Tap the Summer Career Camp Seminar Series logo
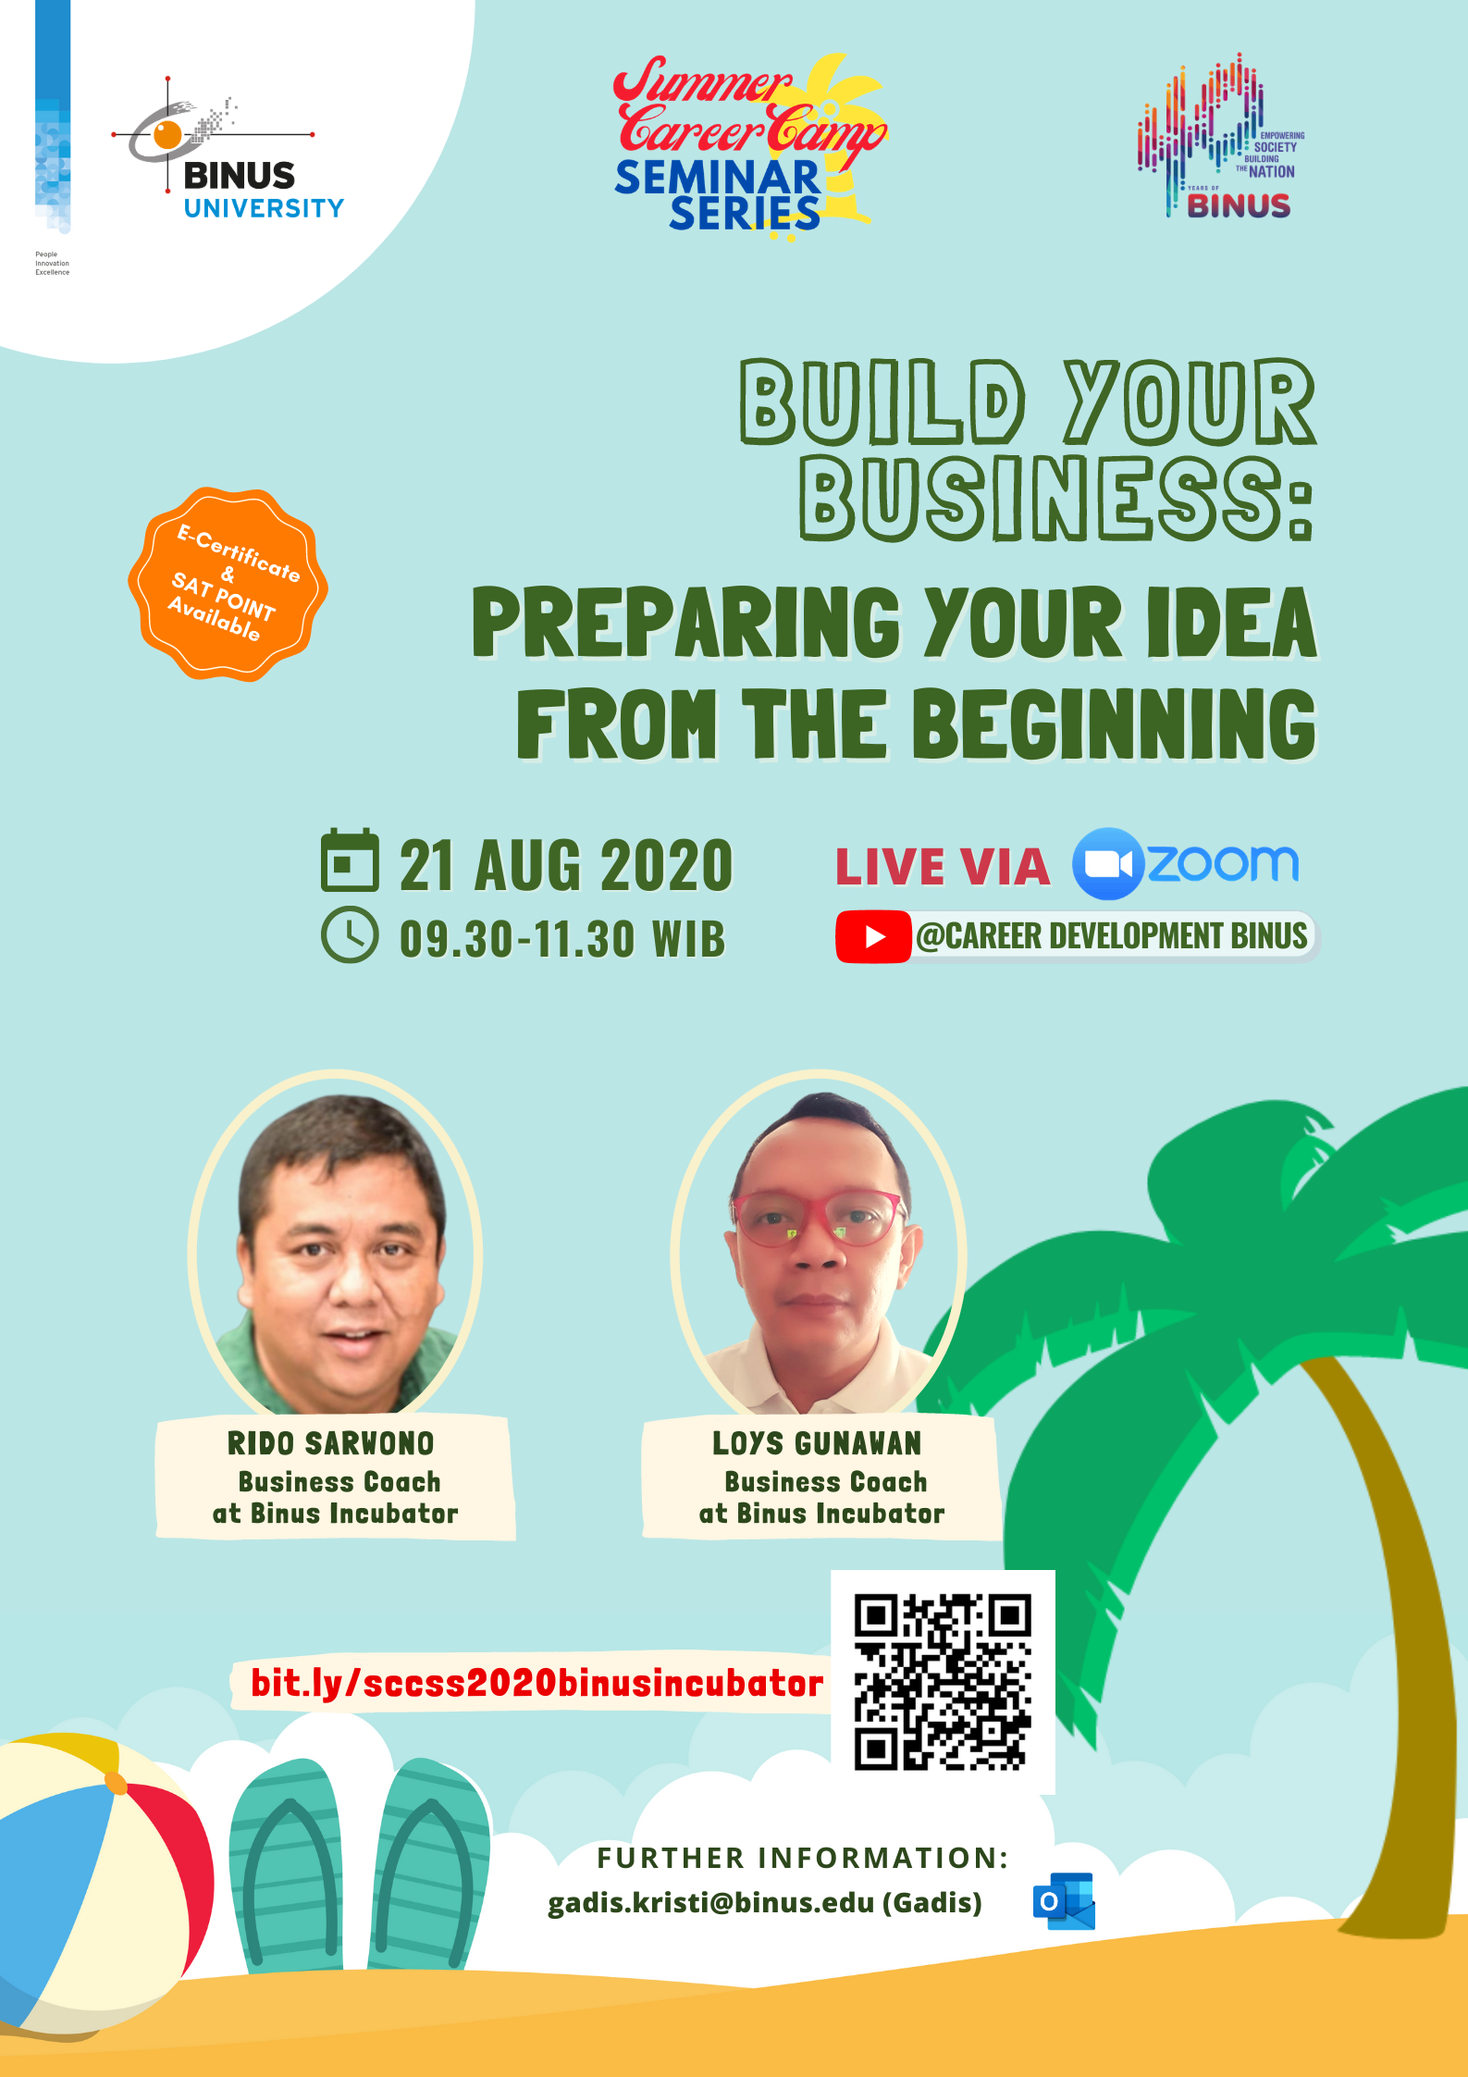(x=749, y=144)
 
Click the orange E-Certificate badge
(x=228, y=584)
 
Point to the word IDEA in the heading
(x=1231, y=623)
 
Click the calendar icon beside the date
(x=350, y=860)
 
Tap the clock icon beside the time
(x=350, y=935)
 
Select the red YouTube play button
(x=873, y=936)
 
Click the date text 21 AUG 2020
(x=566, y=866)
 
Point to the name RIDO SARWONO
(x=331, y=1443)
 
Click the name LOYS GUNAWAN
(x=817, y=1443)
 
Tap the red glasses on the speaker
(x=819, y=1219)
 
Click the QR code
(x=943, y=1682)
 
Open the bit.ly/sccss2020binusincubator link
(x=537, y=1683)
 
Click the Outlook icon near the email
(x=1064, y=1901)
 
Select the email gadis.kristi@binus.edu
(x=710, y=1902)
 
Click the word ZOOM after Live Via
(x=1223, y=863)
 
